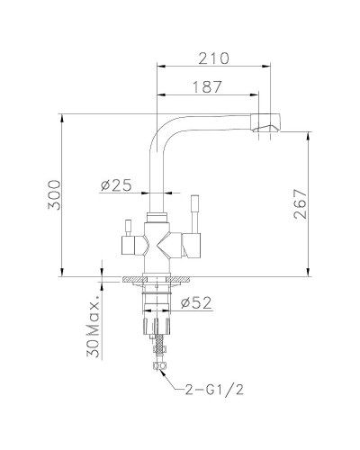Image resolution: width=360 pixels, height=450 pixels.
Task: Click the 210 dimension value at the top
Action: coord(214,58)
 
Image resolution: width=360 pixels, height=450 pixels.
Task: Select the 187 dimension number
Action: coord(208,86)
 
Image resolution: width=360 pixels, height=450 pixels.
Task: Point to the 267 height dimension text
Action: coord(300,208)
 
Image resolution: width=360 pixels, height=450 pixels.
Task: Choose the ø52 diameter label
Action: coord(195,302)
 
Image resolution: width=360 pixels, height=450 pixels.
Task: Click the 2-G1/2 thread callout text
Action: coord(214,391)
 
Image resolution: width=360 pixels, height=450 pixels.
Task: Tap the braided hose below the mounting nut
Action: coord(159,343)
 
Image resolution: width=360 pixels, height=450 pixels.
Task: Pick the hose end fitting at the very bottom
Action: coord(159,364)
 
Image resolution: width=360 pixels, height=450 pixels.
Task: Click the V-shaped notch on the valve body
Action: coord(159,242)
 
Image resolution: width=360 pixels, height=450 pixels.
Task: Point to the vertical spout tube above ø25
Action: coord(159,166)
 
